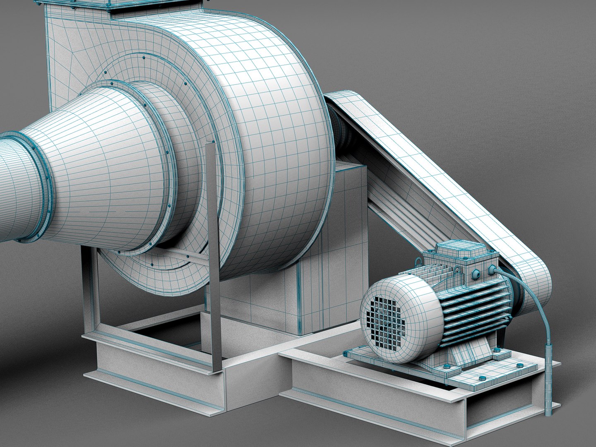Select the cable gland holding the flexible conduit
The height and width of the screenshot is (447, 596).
coord(493,270)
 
